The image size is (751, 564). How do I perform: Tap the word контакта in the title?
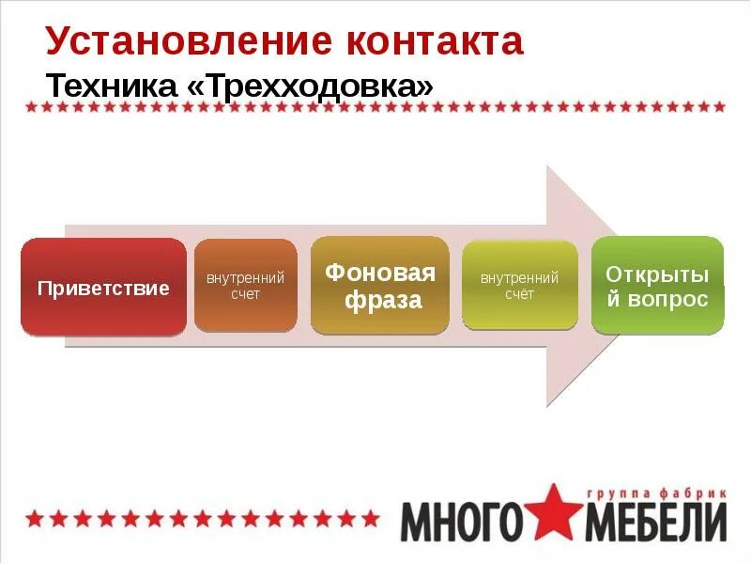coord(435,42)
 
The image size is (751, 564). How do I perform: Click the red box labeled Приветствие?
coord(103,288)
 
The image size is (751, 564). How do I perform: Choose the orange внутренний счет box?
coord(245,286)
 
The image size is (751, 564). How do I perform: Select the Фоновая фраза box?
coord(380,287)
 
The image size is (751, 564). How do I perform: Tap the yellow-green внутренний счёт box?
coord(519,286)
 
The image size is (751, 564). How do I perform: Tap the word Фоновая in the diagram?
coord(380,274)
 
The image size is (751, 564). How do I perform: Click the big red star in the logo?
coord(556,515)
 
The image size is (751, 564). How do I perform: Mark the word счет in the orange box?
coord(245,294)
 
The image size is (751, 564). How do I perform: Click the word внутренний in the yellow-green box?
coord(519,278)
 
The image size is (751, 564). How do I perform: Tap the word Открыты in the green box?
coord(657,274)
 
